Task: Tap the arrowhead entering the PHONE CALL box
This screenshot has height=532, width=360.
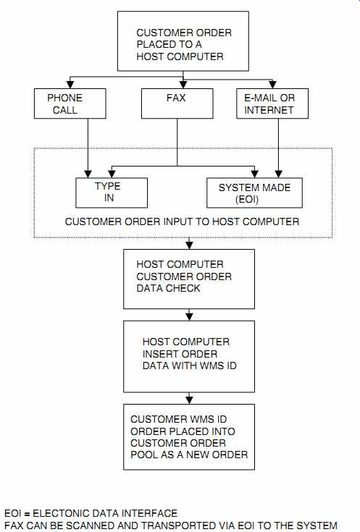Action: (70, 85)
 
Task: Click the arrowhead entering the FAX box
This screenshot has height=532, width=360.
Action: (183, 85)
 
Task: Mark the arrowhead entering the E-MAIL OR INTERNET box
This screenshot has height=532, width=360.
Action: (272, 85)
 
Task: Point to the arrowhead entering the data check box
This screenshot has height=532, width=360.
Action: (190, 245)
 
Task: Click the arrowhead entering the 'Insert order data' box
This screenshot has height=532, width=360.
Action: (190, 317)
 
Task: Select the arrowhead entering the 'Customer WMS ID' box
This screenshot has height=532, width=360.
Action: (190, 400)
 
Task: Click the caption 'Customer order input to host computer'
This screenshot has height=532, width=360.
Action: (182, 221)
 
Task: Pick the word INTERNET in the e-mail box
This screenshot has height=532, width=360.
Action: (269, 110)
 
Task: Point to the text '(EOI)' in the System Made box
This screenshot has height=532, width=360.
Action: (247, 199)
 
